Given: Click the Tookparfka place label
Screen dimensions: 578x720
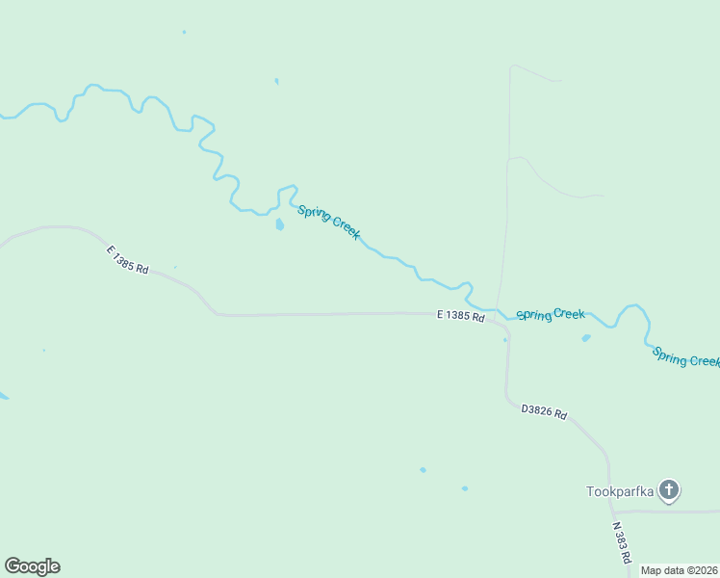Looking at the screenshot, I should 620,491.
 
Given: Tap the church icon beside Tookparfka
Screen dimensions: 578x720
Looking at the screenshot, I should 669,490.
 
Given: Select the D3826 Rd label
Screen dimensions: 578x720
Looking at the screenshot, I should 544,412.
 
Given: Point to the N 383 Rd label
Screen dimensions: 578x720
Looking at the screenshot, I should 622,542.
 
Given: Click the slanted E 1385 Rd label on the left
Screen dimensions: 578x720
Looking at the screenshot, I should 128,260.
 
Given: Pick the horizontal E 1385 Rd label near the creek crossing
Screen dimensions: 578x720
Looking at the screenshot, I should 460,315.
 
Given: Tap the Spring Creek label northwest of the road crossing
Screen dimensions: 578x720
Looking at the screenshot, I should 328,223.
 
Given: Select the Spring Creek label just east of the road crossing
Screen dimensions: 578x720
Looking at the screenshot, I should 551,314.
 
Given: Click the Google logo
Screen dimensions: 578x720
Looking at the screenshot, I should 32,566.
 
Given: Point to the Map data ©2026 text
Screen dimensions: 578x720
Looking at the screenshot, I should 679,570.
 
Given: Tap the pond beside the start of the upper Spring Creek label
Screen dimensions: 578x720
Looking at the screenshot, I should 279,224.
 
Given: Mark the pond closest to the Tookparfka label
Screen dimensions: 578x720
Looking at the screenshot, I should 465,488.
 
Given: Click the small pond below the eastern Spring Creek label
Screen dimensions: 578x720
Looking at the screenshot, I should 585,338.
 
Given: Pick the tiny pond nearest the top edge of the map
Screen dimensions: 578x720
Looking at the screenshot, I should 184,32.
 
